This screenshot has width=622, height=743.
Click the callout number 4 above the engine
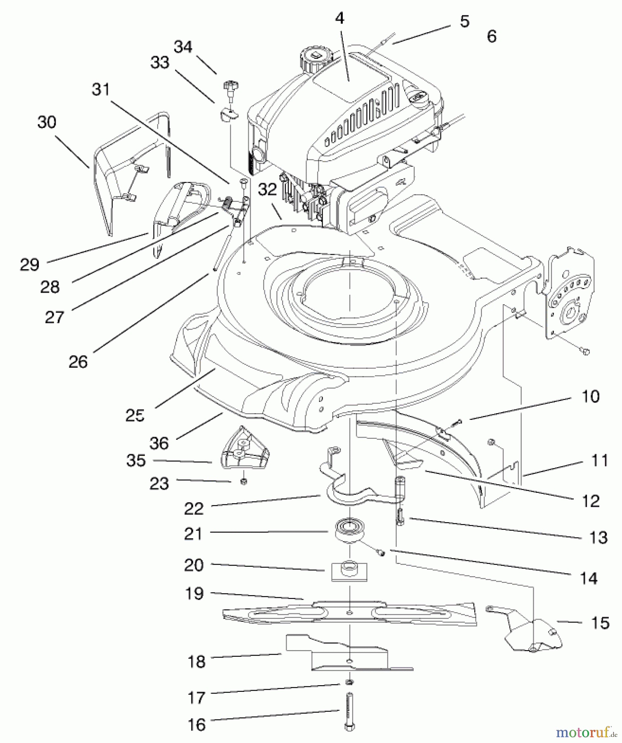pos(339,18)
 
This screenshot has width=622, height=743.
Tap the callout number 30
pos(47,122)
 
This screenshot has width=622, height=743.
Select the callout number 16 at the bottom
pos(196,724)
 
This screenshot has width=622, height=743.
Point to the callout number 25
pos(135,415)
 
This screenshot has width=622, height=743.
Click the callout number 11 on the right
pos(600,460)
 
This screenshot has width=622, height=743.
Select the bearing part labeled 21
pos(349,530)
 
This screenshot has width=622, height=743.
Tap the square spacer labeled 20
pos(349,570)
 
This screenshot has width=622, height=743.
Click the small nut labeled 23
pos(243,481)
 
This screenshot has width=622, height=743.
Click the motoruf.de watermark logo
pos(586,732)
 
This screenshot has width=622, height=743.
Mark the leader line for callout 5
pos(421,34)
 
